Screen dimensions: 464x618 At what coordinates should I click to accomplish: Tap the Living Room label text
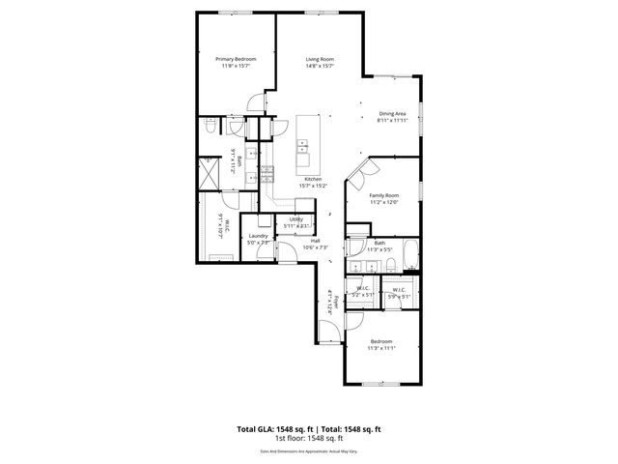point(320,59)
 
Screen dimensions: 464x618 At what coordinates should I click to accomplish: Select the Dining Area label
point(391,114)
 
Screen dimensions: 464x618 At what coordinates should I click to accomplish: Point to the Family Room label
point(383,195)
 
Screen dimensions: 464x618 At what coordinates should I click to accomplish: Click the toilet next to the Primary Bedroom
point(212,127)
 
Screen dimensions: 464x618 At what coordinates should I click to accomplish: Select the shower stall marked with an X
point(208,176)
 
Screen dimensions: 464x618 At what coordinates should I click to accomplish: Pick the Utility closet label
point(296,219)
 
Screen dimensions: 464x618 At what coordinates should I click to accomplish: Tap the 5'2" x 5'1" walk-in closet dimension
point(363,295)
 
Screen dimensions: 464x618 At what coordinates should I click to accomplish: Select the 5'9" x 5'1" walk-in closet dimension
point(398,295)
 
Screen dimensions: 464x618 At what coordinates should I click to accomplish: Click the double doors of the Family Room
point(360,172)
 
